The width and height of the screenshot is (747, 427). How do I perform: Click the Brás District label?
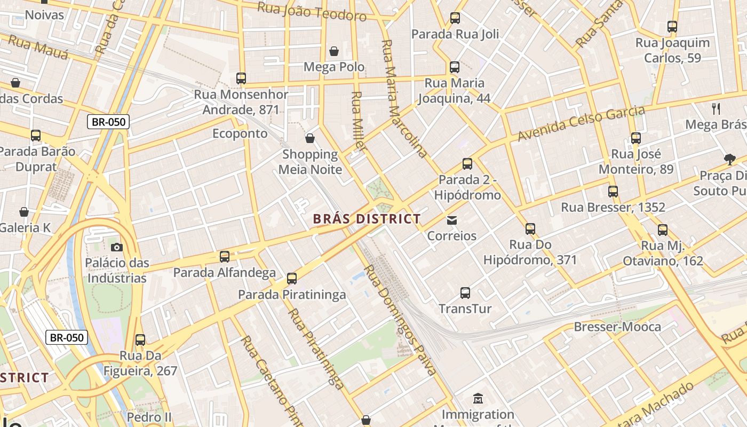click(367, 219)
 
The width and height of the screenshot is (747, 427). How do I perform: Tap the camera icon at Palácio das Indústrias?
click(117, 247)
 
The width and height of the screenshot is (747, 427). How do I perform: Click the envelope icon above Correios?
click(452, 220)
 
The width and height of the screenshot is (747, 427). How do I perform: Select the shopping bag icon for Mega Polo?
click(334, 51)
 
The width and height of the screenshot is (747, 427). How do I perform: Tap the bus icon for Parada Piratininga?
click(291, 278)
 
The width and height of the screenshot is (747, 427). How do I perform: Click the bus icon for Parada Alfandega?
click(225, 256)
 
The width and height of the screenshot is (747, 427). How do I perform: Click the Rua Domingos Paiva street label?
click(400, 319)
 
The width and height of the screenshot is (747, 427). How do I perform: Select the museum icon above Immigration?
click(478, 398)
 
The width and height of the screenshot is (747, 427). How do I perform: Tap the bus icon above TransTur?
click(465, 292)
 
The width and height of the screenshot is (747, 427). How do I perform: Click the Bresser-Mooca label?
click(617, 327)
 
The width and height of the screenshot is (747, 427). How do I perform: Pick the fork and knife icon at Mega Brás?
click(716, 109)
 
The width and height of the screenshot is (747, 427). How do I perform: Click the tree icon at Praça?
click(729, 159)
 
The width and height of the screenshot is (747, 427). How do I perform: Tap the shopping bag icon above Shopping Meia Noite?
click(310, 139)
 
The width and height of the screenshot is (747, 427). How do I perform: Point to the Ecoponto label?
click(240, 133)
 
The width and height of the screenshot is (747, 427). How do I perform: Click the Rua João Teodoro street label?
click(312, 11)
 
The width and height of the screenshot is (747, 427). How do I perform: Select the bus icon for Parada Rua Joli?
click(455, 18)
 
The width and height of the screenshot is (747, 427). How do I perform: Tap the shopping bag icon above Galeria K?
click(24, 212)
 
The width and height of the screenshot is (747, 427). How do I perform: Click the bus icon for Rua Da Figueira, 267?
click(140, 339)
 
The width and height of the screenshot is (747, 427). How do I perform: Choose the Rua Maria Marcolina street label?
click(404, 99)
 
